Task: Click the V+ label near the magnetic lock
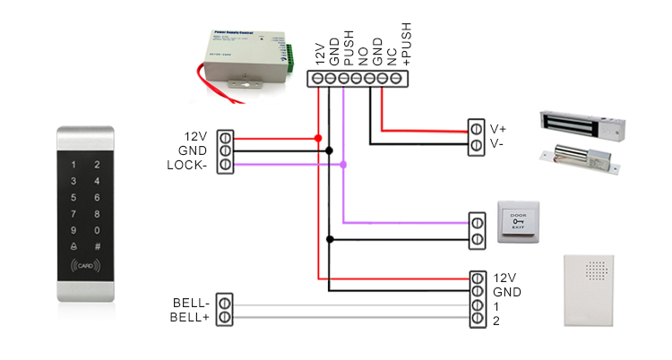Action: pyautogui.click(x=499, y=129)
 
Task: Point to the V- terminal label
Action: pyautogui.click(x=498, y=144)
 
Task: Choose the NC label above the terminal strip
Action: pyautogui.click(x=392, y=55)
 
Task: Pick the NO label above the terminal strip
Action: pyautogui.click(x=363, y=55)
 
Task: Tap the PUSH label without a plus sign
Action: pyautogui.click(x=349, y=48)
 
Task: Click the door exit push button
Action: pyautogui.click(x=518, y=223)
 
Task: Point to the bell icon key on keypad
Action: pyautogui.click(x=73, y=246)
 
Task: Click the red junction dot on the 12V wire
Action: pyautogui.click(x=318, y=138)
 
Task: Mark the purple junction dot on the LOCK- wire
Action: pyautogui.click(x=344, y=165)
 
